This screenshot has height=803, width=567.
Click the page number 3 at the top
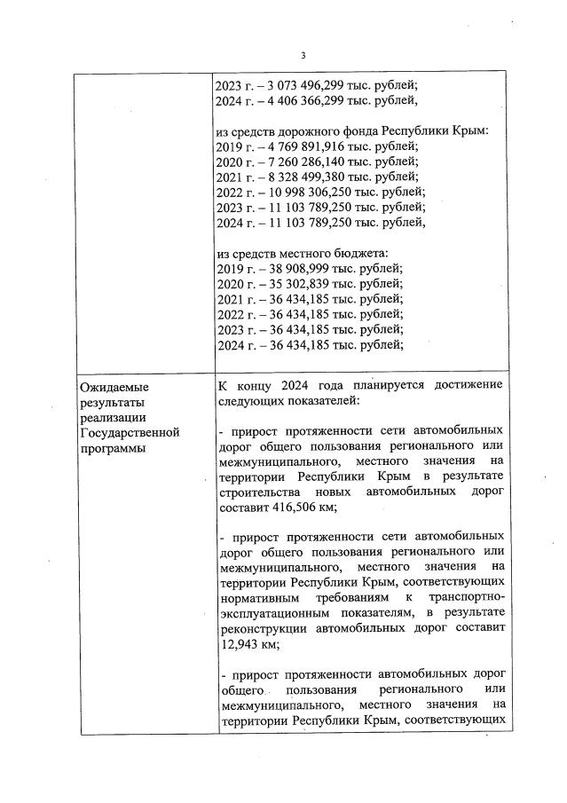303,56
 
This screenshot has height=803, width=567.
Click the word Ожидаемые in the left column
114,388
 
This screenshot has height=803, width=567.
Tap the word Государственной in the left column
130,433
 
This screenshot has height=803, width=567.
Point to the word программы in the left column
113,448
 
